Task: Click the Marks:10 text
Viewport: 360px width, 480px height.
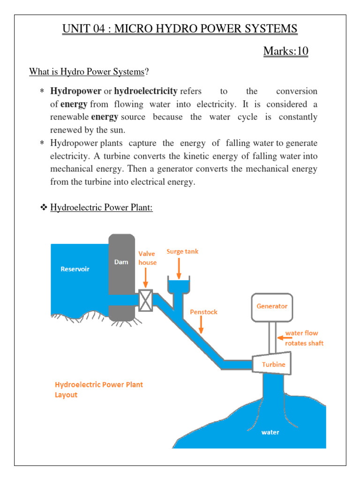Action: pyautogui.click(x=285, y=51)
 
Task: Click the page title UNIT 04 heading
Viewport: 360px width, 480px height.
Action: pyautogui.click(x=180, y=29)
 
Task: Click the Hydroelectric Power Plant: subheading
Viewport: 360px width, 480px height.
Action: pyautogui.click(x=101, y=208)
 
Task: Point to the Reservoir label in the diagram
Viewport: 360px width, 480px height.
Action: pyautogui.click(x=75, y=269)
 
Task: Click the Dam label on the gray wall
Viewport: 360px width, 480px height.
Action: pyautogui.click(x=121, y=262)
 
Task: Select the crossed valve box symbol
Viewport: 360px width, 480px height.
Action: pyautogui.click(x=146, y=300)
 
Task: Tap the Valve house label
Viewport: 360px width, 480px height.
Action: pyautogui.click(x=147, y=258)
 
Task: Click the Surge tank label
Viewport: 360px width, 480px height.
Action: pyautogui.click(x=182, y=252)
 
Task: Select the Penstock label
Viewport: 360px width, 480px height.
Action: pyautogui.click(x=203, y=312)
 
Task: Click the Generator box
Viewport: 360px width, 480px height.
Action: pyautogui.click(x=272, y=307)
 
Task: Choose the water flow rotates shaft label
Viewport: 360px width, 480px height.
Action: pyautogui.click(x=304, y=338)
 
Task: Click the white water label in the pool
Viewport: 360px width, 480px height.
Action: pyautogui.click(x=270, y=432)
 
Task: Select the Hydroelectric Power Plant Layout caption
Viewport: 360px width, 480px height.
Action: pyautogui.click(x=99, y=390)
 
